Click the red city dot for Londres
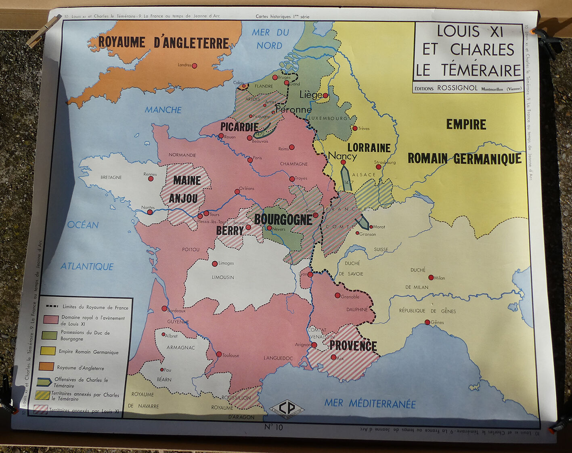[x=194, y=65]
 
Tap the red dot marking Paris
[x=250, y=160]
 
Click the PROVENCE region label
[x=353, y=346]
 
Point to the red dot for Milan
[x=431, y=277]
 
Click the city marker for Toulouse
[x=219, y=354]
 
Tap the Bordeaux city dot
[x=164, y=308]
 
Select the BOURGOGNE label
[x=283, y=220]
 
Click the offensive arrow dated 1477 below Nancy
[x=346, y=178]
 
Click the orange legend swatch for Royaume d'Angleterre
[x=46, y=367]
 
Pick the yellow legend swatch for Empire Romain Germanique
[x=48, y=350]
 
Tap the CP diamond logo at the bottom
[x=287, y=408]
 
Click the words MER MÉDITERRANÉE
[x=370, y=403]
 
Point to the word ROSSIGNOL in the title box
[x=457, y=88]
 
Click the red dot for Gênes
[x=427, y=322]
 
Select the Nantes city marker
[x=150, y=212]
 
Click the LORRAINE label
[x=369, y=148]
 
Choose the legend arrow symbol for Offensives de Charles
[x=44, y=382]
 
